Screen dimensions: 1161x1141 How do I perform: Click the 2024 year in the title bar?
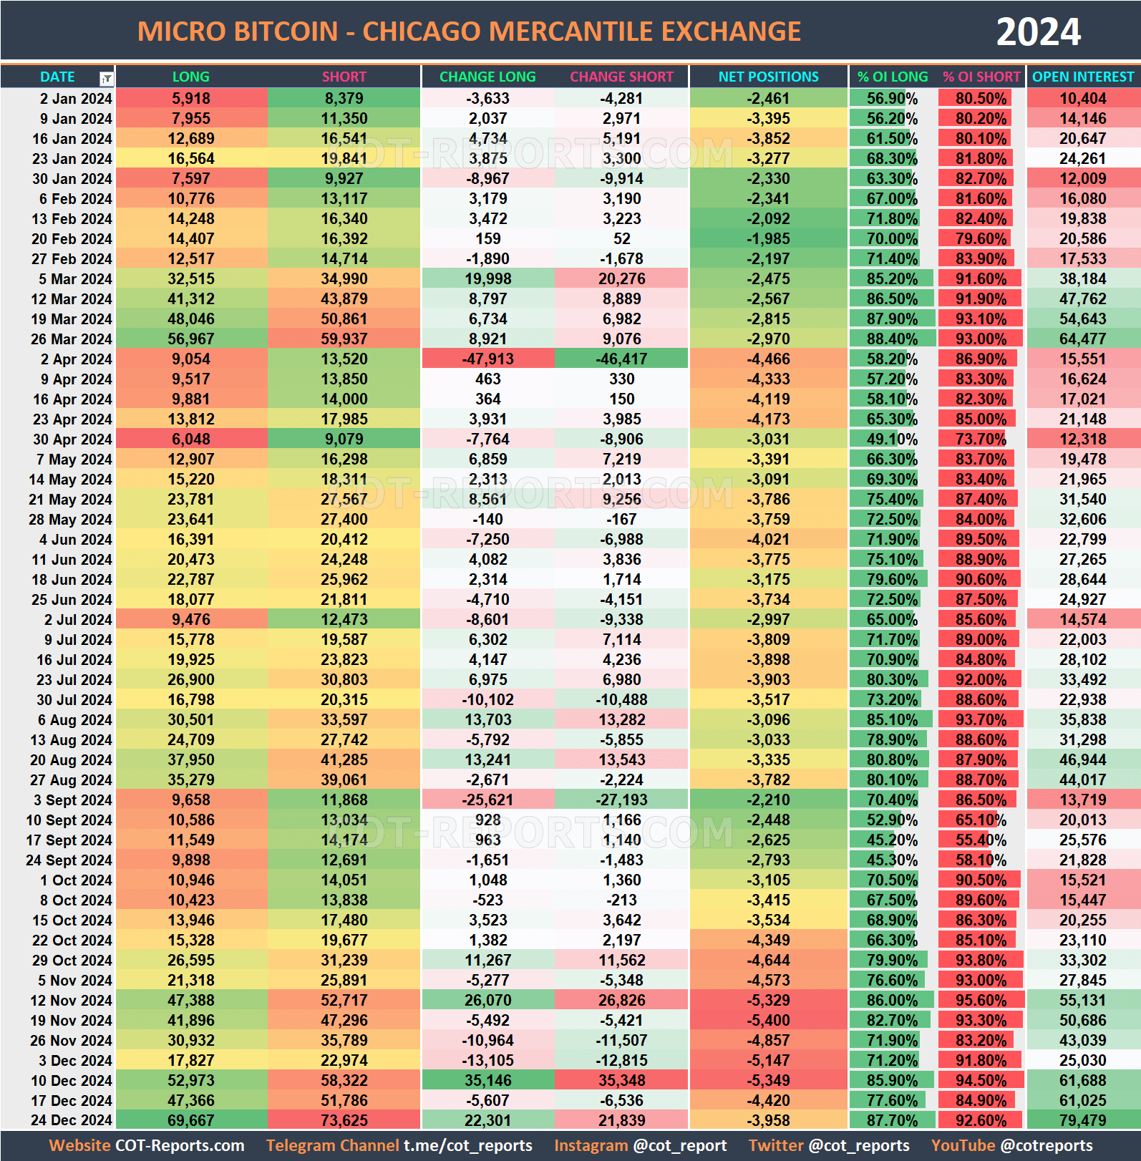click(1038, 32)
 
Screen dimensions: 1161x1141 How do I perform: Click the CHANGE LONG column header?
click(487, 77)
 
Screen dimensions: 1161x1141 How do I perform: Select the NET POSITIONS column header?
click(768, 77)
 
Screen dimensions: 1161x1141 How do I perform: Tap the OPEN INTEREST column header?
click(1082, 77)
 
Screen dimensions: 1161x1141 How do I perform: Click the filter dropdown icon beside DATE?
click(106, 78)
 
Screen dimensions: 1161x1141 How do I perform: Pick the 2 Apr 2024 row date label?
click(76, 359)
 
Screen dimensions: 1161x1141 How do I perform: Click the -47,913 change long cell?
click(487, 359)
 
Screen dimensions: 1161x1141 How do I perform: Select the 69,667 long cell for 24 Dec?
click(190, 1120)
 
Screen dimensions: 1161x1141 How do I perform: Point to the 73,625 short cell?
click(344, 1120)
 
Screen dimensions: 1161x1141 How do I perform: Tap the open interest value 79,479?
click(1082, 1120)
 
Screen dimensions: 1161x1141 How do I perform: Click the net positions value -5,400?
click(768, 1020)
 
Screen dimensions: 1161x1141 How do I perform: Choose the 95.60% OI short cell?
click(981, 1000)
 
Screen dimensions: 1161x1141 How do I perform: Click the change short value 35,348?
click(621, 1080)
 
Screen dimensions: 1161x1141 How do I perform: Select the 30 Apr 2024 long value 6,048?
click(190, 439)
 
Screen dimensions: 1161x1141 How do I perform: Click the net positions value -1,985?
click(768, 239)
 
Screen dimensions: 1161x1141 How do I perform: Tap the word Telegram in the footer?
click(297, 1145)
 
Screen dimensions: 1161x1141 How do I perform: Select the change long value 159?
click(487, 239)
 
